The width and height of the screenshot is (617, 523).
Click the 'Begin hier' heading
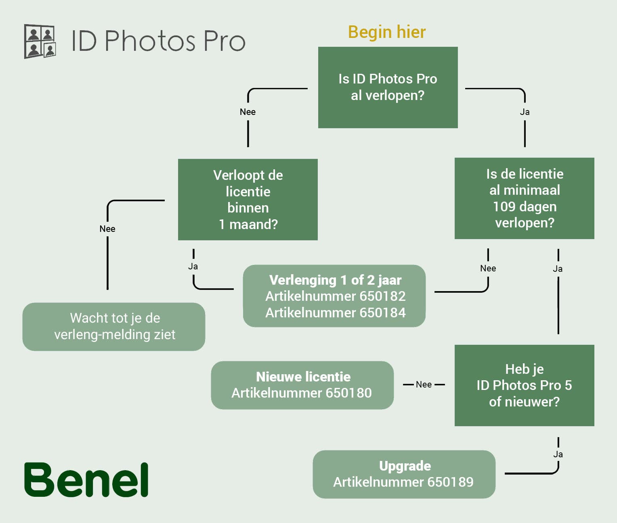pyautogui.click(x=386, y=32)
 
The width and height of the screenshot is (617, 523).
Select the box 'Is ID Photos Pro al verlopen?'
pyautogui.click(x=388, y=88)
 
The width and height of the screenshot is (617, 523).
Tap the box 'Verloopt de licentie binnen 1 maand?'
pyautogui.click(x=248, y=200)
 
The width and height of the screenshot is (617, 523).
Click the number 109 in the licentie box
pyautogui.click(x=504, y=206)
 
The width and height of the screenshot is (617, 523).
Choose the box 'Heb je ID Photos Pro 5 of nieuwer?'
pyautogui.click(x=525, y=385)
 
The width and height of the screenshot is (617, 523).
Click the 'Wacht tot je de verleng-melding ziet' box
pyautogui.click(x=114, y=327)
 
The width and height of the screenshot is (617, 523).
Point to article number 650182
pyautogui.click(x=382, y=296)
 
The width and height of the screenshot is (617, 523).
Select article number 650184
pyautogui.click(x=382, y=313)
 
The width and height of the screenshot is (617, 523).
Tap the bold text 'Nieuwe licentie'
pyautogui.click(x=303, y=377)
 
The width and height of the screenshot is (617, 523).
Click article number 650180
pyautogui.click(x=348, y=393)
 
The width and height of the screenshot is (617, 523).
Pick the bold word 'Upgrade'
pyautogui.click(x=405, y=466)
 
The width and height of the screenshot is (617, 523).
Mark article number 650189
pyautogui.click(x=451, y=482)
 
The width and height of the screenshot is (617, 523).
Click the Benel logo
pyautogui.click(x=86, y=479)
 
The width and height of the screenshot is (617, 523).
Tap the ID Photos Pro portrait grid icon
pyautogui.click(x=40, y=41)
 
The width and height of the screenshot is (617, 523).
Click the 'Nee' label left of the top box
pyautogui.click(x=248, y=112)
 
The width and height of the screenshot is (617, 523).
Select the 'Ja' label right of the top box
pyautogui.click(x=525, y=112)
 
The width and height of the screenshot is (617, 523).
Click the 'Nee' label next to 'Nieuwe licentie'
pyautogui.click(x=424, y=384)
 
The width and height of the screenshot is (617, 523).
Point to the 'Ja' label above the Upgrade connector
pyautogui.click(x=558, y=454)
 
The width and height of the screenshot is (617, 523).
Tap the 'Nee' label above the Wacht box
pyautogui.click(x=107, y=229)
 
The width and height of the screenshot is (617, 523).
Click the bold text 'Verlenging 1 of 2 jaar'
pyautogui.click(x=335, y=280)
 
